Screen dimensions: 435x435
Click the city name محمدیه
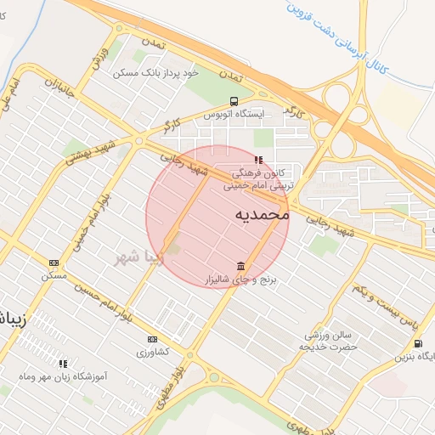point(261,215)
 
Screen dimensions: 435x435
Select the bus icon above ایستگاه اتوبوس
point(234,100)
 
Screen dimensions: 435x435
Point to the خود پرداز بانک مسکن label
point(155,73)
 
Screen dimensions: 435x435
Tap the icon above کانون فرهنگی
point(258,159)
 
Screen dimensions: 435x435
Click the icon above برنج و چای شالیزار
point(241,266)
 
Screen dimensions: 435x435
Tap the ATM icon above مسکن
point(54,263)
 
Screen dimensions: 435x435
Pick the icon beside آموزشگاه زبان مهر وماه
point(63,363)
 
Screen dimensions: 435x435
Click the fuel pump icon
point(418,343)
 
